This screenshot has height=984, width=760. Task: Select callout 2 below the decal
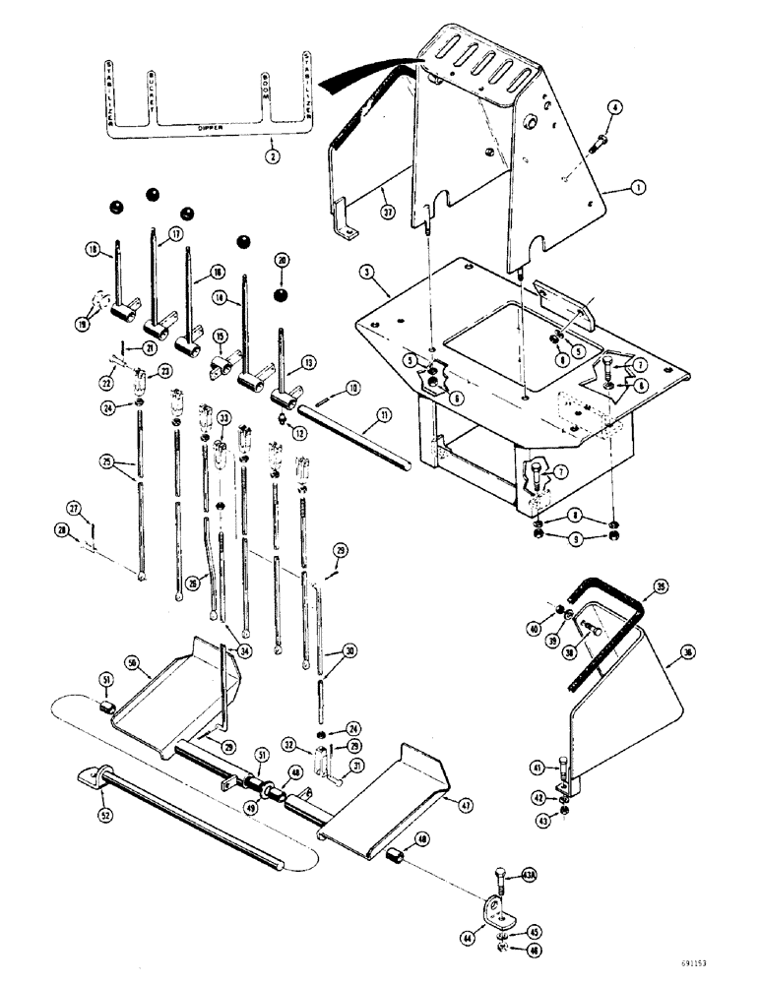[271, 155]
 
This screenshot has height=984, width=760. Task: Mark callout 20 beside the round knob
[284, 261]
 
